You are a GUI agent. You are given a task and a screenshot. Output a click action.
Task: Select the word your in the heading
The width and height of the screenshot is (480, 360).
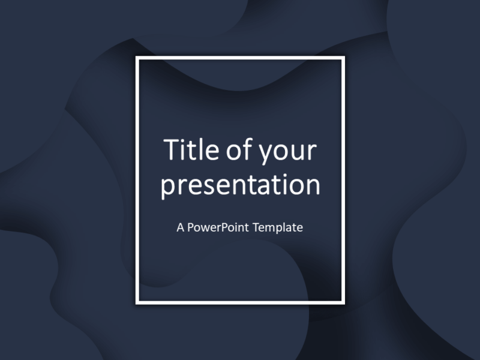pos(287,151)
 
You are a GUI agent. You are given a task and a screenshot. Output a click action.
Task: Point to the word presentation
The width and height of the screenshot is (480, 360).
pos(240,185)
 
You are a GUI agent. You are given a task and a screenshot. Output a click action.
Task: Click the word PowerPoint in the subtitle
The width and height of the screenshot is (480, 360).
pos(219,228)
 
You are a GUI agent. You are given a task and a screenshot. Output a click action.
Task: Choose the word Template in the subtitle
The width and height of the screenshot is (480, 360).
pos(278,228)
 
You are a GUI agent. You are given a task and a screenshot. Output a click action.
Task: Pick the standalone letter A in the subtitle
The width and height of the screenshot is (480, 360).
pos(181,228)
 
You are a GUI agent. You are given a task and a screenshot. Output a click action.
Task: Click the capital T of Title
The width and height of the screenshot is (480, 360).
pos(172,150)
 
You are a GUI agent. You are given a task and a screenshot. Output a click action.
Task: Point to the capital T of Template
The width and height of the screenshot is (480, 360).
pos(256,228)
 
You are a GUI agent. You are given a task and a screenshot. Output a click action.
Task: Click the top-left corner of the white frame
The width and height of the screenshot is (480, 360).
pos(137,58)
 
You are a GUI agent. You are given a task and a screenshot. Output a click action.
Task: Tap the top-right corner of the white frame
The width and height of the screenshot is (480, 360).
pos(343,58)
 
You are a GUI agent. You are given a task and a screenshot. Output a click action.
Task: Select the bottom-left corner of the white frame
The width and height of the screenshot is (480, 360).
pos(137,302)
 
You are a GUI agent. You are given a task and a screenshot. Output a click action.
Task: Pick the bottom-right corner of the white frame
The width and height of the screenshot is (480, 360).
pos(343,302)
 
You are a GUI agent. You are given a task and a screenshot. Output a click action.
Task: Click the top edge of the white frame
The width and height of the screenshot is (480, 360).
pos(240,58)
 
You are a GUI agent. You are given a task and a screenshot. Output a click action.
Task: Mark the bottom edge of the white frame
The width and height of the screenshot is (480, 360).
pos(240,302)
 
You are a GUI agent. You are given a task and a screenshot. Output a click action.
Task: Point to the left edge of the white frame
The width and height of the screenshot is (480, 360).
pos(137,180)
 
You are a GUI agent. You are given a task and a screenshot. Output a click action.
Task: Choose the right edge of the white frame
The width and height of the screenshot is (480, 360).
pos(343,180)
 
